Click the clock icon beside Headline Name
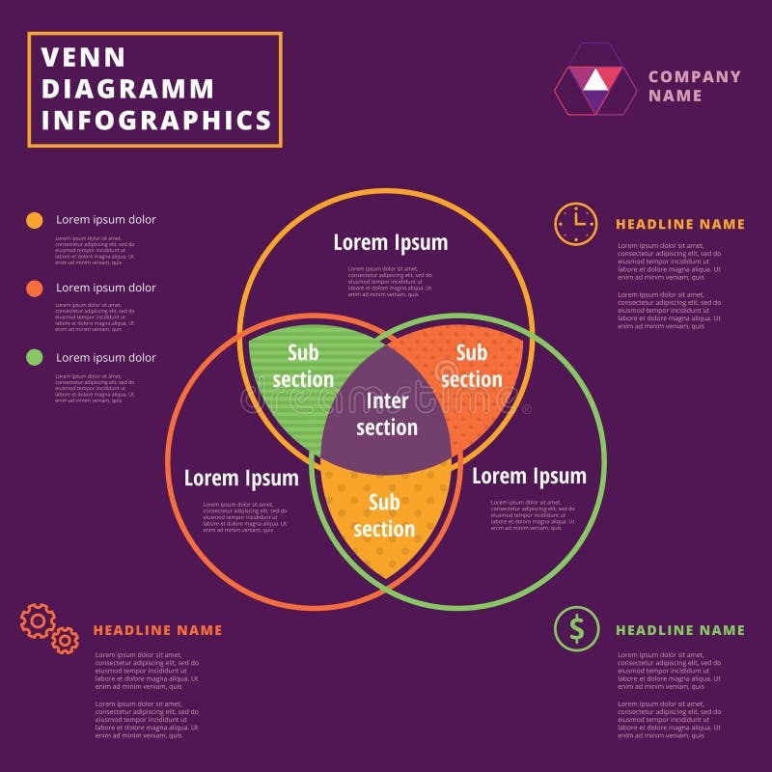point(576,224)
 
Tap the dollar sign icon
point(576,629)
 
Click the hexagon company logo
point(595,80)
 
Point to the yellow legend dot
point(35,220)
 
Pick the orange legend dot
point(35,289)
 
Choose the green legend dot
point(35,358)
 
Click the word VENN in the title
point(70,58)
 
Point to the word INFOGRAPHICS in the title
point(156,120)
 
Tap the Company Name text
point(694,86)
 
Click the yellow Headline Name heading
point(680,224)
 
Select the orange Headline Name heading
point(157,630)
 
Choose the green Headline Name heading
point(680,630)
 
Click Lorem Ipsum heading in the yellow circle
point(391,242)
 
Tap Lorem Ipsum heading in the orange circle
point(241,478)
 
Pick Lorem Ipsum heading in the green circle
point(529,476)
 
